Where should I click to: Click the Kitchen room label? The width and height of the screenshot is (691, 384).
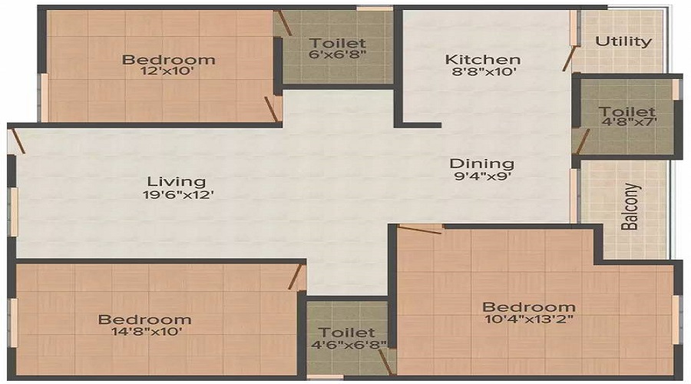tap(483, 58)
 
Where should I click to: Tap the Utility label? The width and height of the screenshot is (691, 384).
tap(623, 41)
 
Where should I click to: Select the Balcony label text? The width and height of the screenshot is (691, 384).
tap(630, 207)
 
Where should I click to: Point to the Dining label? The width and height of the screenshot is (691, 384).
tap(481, 164)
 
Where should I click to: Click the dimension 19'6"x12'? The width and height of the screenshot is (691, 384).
tap(178, 194)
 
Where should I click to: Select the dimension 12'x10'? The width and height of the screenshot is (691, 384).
tap(167, 71)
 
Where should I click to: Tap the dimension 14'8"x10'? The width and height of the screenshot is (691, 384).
tap(147, 331)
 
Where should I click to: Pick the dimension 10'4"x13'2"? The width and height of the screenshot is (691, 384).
tap(528, 318)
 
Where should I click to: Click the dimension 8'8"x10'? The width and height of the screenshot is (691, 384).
tap(484, 71)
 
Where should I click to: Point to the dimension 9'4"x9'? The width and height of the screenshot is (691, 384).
tap(483, 177)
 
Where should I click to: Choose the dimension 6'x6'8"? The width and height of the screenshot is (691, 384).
tap(338, 55)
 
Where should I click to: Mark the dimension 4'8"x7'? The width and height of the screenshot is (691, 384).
tap(629, 121)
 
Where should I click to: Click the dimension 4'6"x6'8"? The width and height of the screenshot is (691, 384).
tap(349, 344)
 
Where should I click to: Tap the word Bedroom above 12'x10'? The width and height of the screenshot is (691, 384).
tap(168, 59)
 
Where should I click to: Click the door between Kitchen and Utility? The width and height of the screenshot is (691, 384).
tap(570, 58)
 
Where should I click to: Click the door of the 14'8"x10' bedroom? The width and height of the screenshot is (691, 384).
tap(297, 277)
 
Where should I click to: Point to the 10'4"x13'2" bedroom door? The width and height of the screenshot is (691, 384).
tap(419, 230)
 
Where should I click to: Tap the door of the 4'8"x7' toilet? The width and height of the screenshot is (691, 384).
tap(583, 142)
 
